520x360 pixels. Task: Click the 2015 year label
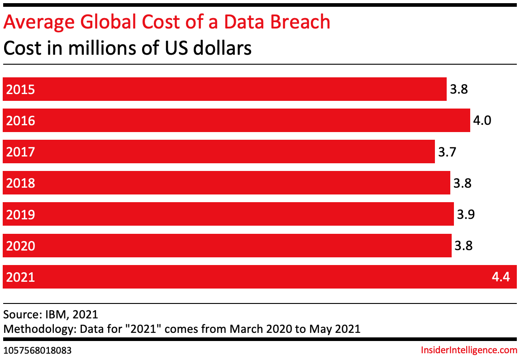pos(20,90)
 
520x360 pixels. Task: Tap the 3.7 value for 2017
pos(446,152)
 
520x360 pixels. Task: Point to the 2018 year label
pos(20,183)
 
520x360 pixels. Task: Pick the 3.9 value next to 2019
pos(466,214)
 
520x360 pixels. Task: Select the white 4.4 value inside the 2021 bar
pos(501,277)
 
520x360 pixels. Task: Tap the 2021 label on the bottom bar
pos(20,277)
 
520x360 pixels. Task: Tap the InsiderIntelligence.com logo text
pos(468,350)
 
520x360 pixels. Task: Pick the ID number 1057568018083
pos(38,351)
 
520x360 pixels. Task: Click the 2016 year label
pos(20,121)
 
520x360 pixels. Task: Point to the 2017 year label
pos(20,152)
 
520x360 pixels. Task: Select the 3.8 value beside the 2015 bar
pos(458,90)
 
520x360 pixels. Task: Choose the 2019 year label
pos(20,214)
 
